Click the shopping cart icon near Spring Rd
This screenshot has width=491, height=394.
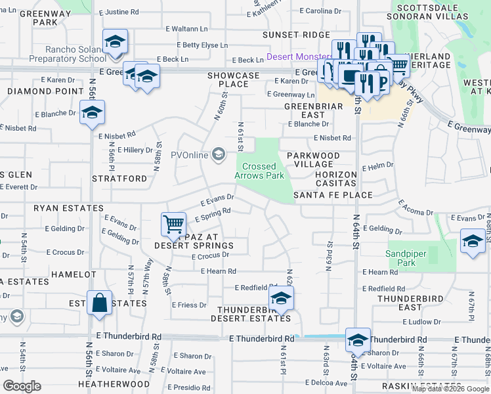(x=173, y=224)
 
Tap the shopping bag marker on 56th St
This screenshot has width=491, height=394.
(x=98, y=303)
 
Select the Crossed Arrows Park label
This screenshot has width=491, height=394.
(x=259, y=171)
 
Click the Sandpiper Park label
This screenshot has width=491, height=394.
(x=400, y=258)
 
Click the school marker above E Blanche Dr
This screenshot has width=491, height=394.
(x=92, y=112)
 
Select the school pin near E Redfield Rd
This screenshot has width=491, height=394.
(x=281, y=297)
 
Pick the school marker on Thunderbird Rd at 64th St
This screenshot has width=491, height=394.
(x=358, y=340)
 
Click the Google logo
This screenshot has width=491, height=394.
(x=22, y=386)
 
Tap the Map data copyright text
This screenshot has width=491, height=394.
(x=450, y=389)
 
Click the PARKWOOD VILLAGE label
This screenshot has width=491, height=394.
(x=313, y=160)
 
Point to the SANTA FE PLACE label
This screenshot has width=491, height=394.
(x=333, y=195)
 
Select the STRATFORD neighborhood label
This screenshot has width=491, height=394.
(x=119, y=178)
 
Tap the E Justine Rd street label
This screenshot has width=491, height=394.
(x=119, y=12)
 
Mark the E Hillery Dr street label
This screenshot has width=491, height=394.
(x=135, y=150)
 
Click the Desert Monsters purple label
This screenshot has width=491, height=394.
(x=297, y=58)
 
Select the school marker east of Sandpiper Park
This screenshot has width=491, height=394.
(x=473, y=241)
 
